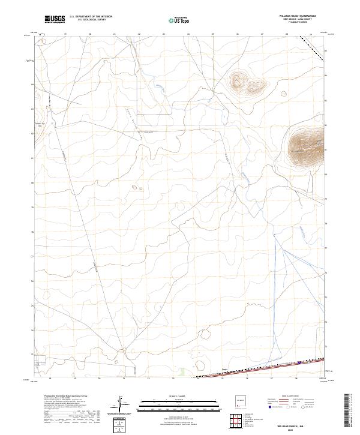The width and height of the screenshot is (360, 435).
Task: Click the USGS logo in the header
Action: (x=55, y=19)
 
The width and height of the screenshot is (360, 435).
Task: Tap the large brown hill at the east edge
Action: (x=307, y=148)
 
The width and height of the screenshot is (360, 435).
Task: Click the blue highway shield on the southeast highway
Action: (x=299, y=362)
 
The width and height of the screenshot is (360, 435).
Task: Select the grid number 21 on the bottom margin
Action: (x=123, y=379)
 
